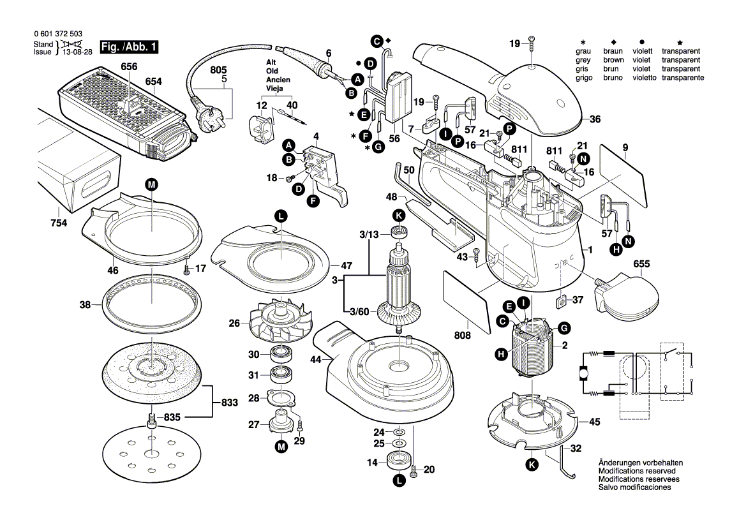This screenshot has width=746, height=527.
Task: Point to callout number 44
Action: pos(316,360)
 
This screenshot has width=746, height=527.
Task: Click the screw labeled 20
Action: pos(414,471)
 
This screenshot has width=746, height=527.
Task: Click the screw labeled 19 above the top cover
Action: pos(532,45)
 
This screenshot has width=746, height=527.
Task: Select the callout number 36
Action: pos(595,119)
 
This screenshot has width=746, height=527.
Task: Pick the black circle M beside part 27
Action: pos(281,448)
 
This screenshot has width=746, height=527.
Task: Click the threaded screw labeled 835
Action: pos(152,420)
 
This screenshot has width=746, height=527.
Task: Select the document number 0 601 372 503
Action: pos(57,34)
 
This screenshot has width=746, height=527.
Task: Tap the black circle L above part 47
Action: pos(280,216)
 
